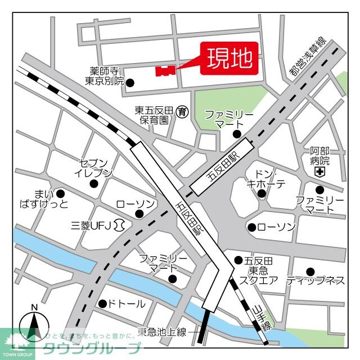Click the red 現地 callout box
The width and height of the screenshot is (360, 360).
click(229, 58)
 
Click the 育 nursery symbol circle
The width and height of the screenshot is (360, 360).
click(181, 111)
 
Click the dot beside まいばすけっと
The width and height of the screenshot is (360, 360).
click(60, 193)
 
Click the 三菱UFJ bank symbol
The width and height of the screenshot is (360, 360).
click(119, 225)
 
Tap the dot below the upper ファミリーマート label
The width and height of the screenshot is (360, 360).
click(237, 134)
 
